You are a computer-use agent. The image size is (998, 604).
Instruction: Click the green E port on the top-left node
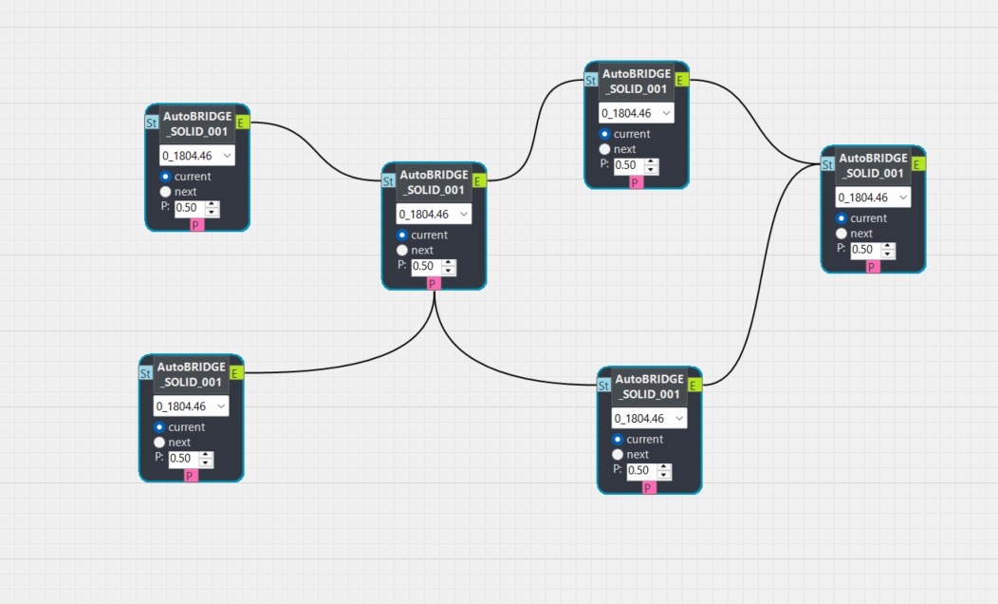pos(241,122)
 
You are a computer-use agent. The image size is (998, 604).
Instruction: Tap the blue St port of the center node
pos(388,180)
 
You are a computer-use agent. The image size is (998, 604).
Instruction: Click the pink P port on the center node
pos(433,283)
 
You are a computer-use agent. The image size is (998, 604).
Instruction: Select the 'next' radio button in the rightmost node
pos(841,234)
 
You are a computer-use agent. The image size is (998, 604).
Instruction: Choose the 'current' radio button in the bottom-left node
pos(160,427)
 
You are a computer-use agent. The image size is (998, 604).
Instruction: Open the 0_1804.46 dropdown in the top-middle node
pos(636,113)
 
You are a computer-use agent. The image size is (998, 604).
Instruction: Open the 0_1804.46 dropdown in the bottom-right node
pos(649,419)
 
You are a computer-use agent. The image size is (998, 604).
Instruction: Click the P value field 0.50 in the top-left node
pos(188,208)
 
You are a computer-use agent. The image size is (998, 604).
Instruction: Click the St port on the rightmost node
pos(827,164)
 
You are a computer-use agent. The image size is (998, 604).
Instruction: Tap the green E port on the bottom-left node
pos(235,373)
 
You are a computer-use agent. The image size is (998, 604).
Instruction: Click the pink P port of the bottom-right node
pos(649,488)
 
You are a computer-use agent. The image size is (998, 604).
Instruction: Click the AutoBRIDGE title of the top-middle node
pos(636,81)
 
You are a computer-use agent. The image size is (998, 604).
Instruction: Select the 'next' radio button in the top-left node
pos(166,192)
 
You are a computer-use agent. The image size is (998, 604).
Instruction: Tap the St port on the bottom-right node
pos(603,386)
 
